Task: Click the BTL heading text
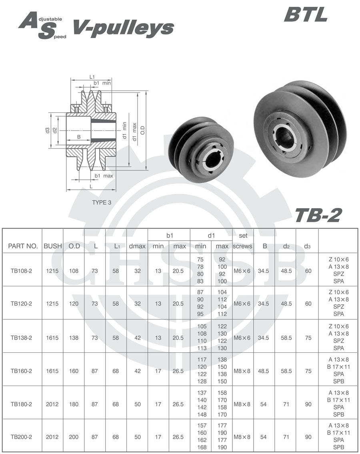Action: tap(306, 15)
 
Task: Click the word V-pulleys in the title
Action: tap(123, 28)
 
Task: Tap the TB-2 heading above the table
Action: tap(318, 215)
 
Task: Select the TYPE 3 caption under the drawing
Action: tap(102, 202)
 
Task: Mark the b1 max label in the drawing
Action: tap(103, 176)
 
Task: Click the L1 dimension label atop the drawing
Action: tap(92, 77)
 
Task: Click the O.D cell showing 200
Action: tap(74, 437)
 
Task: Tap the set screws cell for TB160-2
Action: tap(243, 371)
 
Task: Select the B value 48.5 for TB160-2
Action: tap(264, 371)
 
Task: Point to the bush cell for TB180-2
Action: tap(52, 404)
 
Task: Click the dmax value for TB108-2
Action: tap(137, 271)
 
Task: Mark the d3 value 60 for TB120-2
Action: tap(308, 303)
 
